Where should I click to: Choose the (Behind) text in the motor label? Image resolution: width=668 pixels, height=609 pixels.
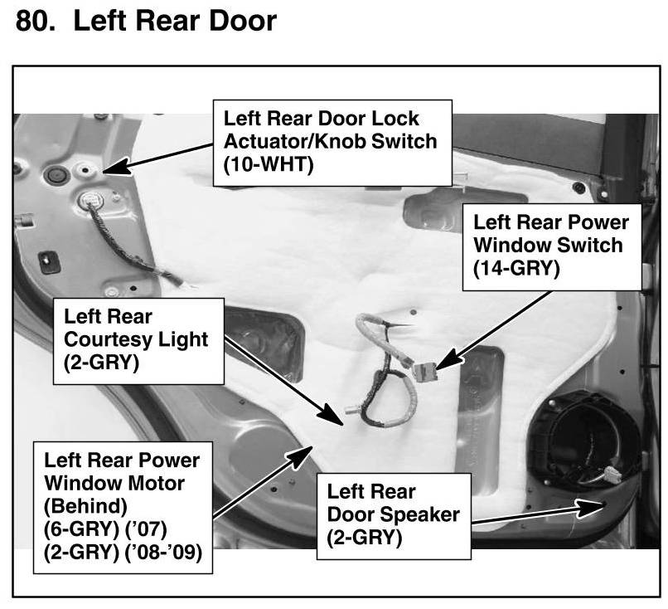80,503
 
